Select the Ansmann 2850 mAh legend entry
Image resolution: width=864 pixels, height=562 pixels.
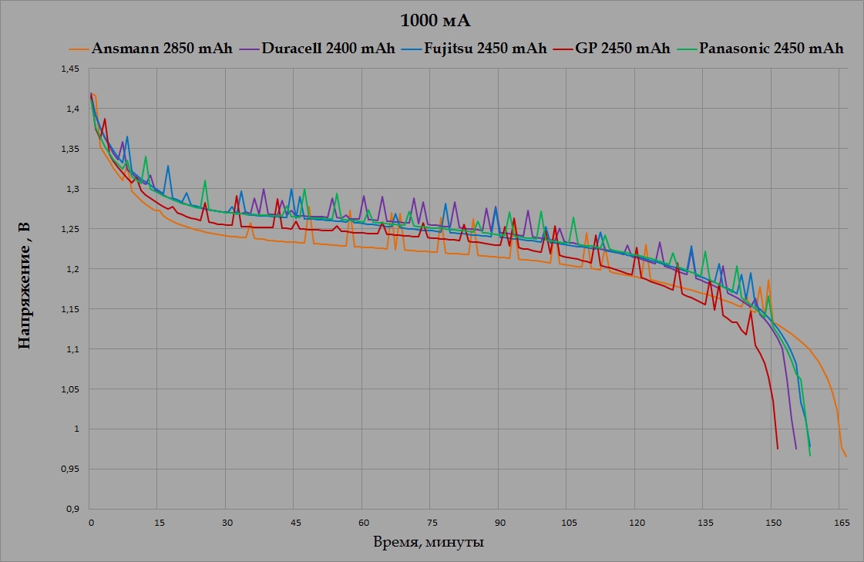(162, 49)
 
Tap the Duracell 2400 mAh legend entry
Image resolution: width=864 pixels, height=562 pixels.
(328, 49)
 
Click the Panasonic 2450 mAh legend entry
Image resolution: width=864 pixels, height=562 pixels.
(770, 49)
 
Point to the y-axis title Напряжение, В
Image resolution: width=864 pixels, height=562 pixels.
(24, 286)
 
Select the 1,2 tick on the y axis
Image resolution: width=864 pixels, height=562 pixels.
(72, 269)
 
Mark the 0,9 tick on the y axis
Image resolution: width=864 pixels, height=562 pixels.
(72, 509)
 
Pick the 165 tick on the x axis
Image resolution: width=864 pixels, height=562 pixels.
(841, 522)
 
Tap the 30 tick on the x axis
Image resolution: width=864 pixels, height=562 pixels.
(227, 522)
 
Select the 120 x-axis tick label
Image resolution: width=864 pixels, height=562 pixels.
(636, 522)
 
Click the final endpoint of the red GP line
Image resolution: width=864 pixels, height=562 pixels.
(778, 449)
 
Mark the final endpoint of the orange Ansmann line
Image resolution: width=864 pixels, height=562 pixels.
(846, 456)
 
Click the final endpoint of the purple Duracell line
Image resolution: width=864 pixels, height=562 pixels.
(796, 449)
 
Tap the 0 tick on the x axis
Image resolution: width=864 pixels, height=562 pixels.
(91, 522)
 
